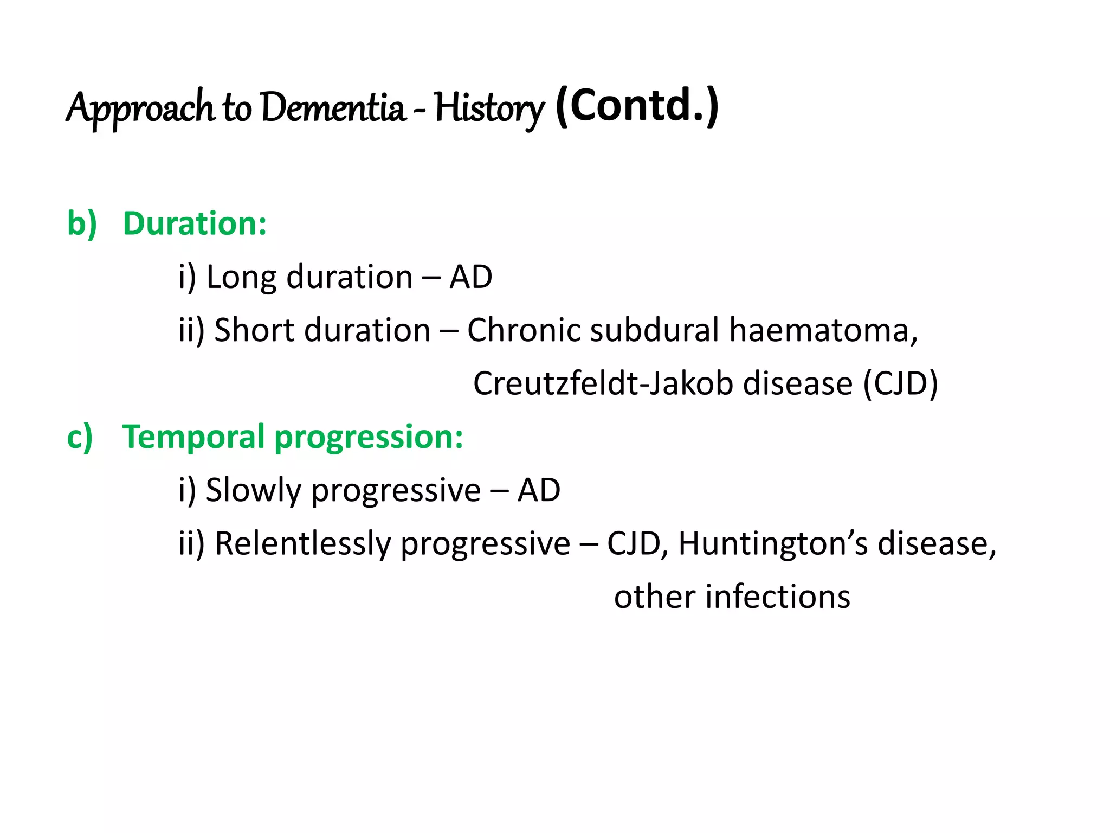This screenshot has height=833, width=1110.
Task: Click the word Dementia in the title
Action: pos(333,107)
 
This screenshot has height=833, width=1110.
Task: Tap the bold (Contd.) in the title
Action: pos(637,105)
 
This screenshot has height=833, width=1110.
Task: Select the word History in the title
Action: pos(488,108)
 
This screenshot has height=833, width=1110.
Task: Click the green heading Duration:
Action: pos(195,223)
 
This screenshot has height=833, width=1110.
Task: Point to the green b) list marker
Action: pos(82,223)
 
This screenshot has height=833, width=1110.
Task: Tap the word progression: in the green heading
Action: pos(369,438)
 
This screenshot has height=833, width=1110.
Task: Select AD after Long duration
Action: pos(470,277)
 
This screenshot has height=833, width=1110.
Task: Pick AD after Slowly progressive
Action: pos(539,490)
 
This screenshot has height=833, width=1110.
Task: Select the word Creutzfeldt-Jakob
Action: pos(604,383)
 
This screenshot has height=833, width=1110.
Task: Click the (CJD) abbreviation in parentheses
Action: pos(900,383)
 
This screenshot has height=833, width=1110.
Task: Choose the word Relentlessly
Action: pos(304,543)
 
